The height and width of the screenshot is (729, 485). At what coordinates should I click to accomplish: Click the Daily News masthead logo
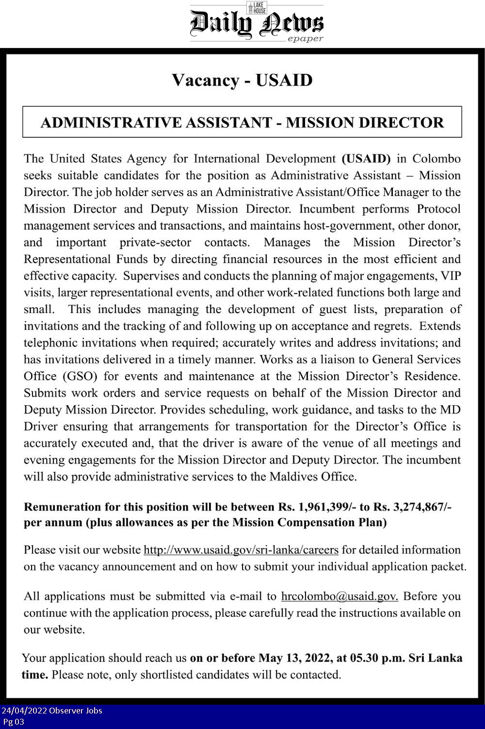256,23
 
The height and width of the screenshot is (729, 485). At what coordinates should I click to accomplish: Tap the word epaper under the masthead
306,39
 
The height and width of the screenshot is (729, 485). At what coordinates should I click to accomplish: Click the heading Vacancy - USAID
242,80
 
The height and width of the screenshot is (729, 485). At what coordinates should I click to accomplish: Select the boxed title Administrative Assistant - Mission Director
242,122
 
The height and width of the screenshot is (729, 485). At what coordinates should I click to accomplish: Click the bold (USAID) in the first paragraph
366,159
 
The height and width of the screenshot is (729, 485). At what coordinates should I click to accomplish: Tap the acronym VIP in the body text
451,276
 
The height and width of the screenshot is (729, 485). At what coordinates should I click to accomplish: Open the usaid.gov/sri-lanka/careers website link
241,550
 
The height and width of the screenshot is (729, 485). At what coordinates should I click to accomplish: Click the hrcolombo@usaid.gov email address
339,596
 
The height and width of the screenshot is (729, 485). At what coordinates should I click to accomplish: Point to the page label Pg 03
14,722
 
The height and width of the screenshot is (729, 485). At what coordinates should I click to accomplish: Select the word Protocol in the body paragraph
438,209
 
